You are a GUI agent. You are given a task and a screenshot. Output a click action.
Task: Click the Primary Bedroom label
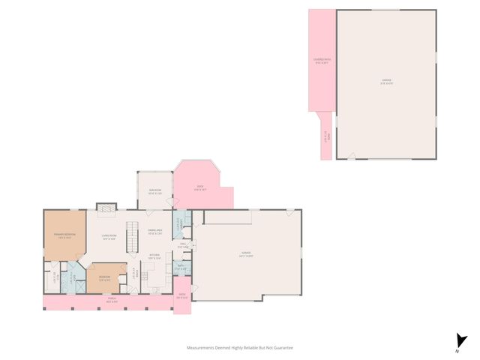64,237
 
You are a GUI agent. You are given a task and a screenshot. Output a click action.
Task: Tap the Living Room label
109,237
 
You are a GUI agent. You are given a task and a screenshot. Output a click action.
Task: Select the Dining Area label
156,232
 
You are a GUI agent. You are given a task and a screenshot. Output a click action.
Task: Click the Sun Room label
155,191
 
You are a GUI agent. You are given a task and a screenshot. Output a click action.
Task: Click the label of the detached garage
385,82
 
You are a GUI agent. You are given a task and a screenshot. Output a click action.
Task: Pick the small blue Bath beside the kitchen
181,267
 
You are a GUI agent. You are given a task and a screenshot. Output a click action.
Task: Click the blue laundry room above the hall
180,223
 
